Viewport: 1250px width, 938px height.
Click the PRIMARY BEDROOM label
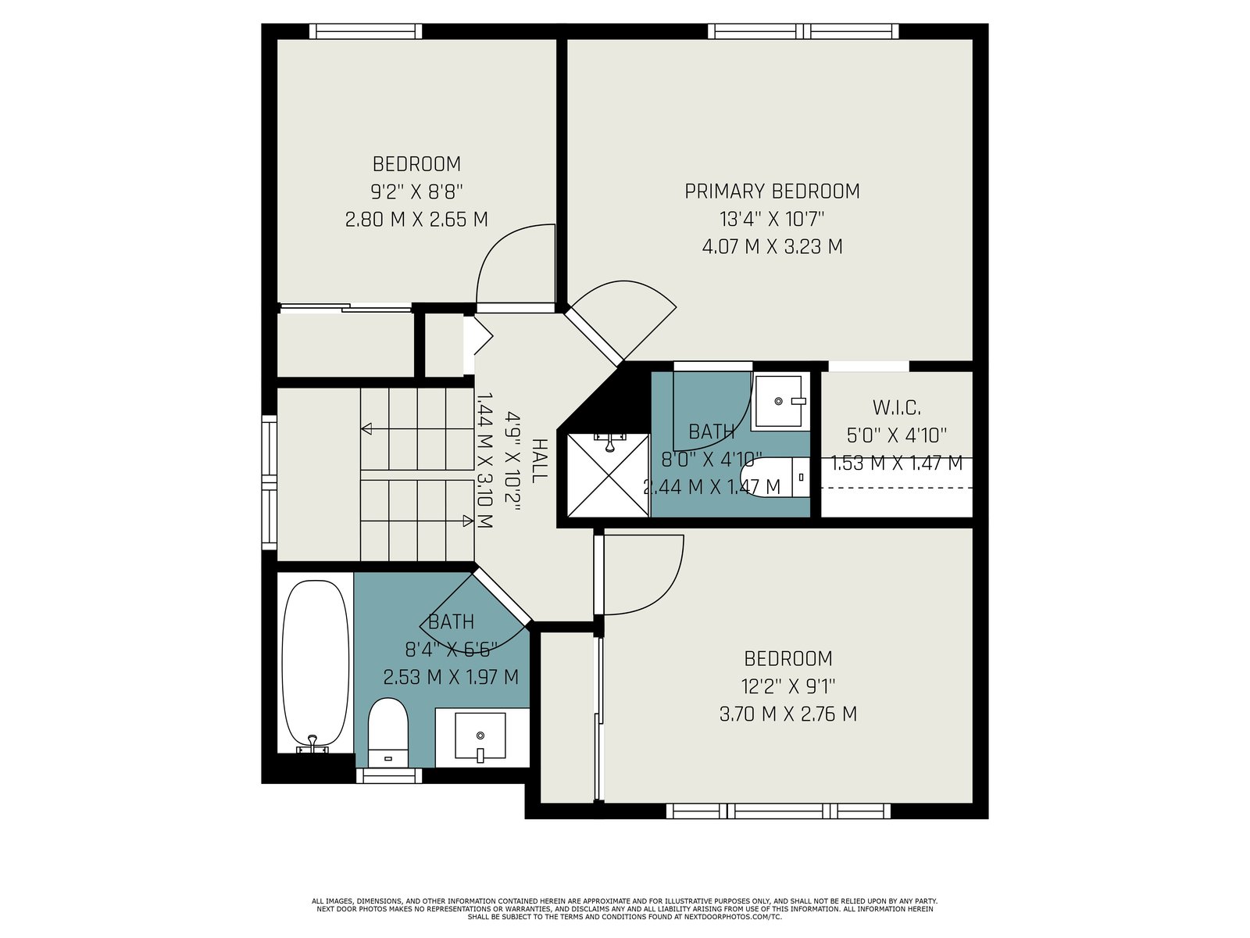pos(772,192)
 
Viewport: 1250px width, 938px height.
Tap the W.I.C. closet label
pos(896,408)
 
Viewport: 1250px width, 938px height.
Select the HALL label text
pos(539,460)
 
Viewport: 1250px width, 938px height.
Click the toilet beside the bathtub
pos(387,732)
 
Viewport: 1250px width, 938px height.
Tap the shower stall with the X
pos(608,475)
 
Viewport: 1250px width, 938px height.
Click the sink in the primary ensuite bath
pos(780,402)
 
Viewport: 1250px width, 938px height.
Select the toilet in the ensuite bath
pos(774,477)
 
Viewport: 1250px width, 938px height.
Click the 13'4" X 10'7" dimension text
pos(772,219)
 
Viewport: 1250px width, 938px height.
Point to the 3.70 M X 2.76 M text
pos(788,714)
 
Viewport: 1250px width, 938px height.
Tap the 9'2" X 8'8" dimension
pos(417,192)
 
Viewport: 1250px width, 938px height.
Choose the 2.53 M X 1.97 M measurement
pos(451,677)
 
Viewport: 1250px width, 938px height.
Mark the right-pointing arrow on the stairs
pos(417,521)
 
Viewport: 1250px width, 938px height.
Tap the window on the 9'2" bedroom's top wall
pos(366,31)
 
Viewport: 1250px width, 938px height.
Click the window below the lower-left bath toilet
pos(389,775)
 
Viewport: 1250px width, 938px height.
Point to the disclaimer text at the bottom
pos(625,909)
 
